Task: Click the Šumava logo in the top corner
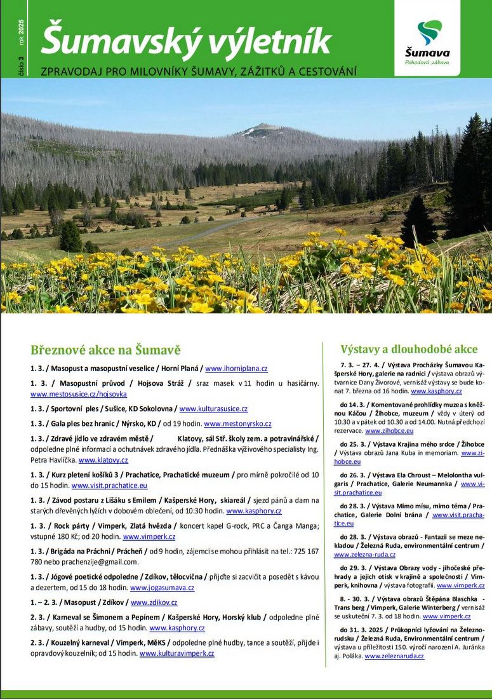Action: (x=427, y=38)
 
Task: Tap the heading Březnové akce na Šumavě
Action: (x=105, y=350)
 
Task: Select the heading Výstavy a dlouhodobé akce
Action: (x=409, y=349)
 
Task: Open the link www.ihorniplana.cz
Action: (x=236, y=369)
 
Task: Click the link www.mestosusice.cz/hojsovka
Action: (x=79, y=394)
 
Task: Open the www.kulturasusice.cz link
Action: (x=213, y=409)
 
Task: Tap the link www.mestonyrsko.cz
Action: (x=237, y=424)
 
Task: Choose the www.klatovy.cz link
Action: (x=103, y=460)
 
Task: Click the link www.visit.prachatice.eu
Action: (x=109, y=485)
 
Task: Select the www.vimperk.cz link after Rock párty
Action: (x=149, y=536)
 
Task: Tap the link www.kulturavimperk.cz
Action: (x=176, y=653)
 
